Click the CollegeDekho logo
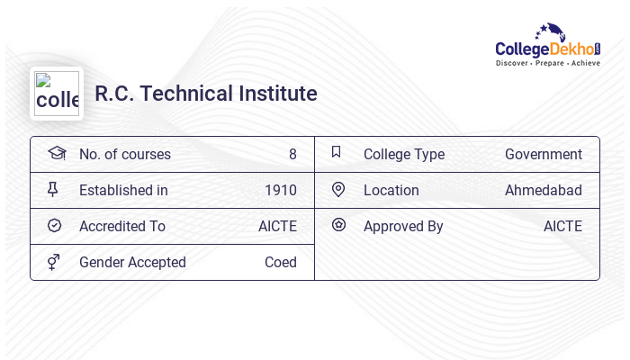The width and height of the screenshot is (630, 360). (x=547, y=45)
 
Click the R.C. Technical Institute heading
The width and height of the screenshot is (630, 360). (x=206, y=94)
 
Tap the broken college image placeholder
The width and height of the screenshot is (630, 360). (x=57, y=94)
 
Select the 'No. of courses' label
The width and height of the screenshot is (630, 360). (x=125, y=154)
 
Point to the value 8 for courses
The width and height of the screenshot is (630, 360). (x=292, y=154)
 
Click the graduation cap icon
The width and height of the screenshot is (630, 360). (x=57, y=153)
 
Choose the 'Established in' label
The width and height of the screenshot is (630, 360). (x=123, y=190)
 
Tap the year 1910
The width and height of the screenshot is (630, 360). (x=281, y=190)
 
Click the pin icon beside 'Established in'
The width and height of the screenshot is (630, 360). (x=53, y=189)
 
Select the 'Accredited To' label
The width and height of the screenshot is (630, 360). (x=122, y=226)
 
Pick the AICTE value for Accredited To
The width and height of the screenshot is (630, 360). (x=277, y=226)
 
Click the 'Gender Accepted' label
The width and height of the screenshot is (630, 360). (x=132, y=262)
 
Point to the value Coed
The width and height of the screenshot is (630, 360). (x=281, y=262)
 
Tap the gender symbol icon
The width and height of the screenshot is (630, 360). (x=54, y=261)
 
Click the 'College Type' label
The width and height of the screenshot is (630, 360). (x=404, y=154)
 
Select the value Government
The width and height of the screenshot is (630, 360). (x=544, y=154)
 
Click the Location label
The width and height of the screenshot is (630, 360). (x=391, y=190)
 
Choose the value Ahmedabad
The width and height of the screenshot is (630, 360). (x=544, y=190)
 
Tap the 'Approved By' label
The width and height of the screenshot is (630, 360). (x=403, y=226)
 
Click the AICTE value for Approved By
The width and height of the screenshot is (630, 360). (x=562, y=226)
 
